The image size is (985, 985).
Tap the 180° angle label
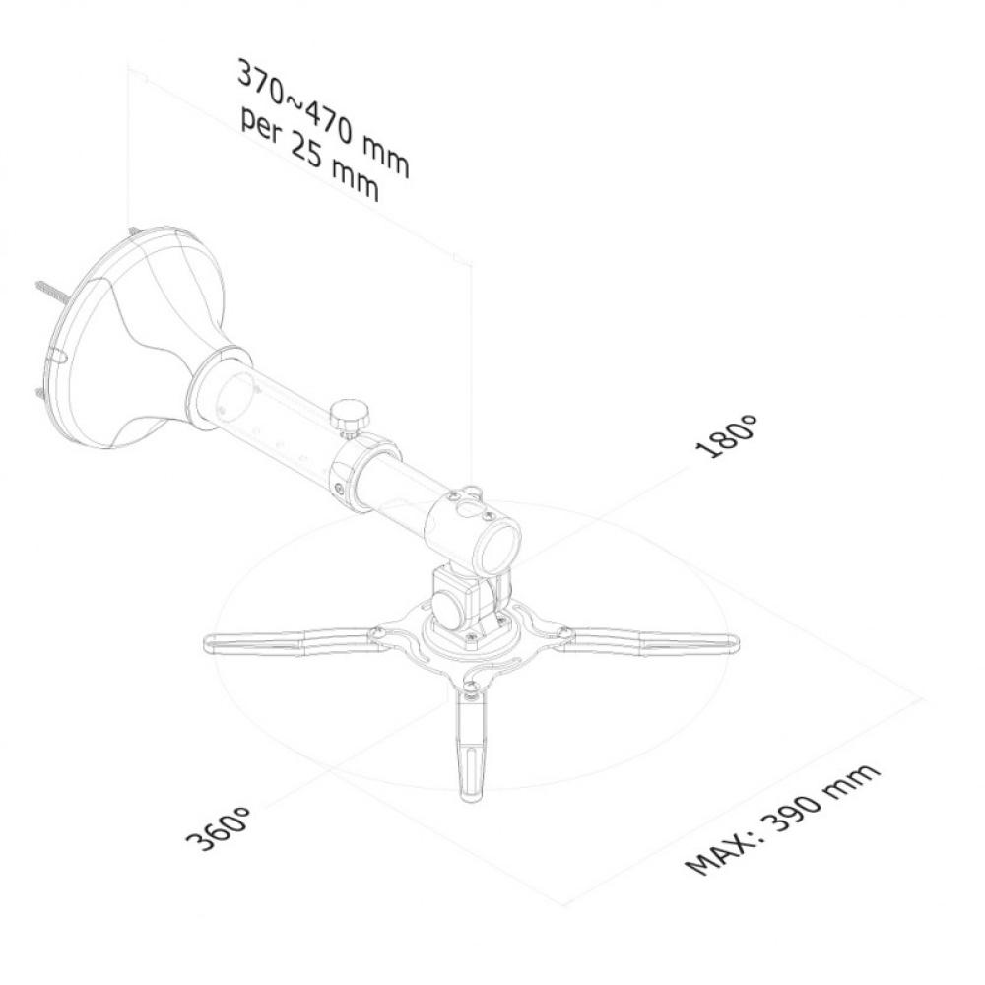(729, 436)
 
